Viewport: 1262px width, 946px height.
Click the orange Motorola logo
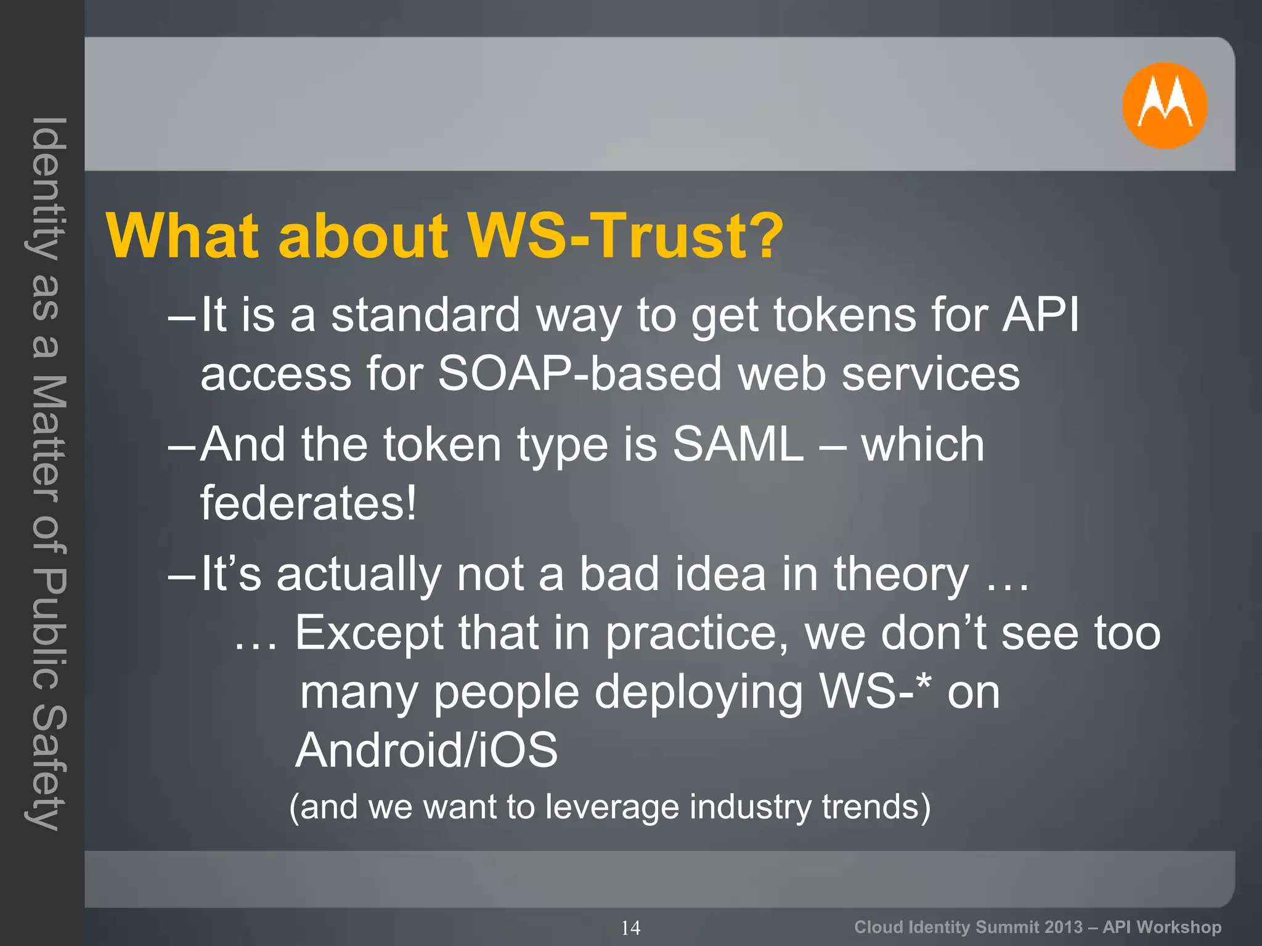tap(1164, 105)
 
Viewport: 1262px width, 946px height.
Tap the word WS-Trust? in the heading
tap(625, 236)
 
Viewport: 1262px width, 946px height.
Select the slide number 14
tap(630, 928)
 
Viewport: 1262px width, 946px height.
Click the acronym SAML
tap(738, 444)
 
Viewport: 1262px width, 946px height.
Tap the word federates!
tap(309, 503)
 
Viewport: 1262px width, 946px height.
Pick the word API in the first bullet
tap(1041, 315)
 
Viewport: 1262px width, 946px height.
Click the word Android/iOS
tap(426, 750)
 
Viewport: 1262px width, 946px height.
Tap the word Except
tap(368, 633)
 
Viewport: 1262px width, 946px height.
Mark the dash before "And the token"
tap(181, 445)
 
